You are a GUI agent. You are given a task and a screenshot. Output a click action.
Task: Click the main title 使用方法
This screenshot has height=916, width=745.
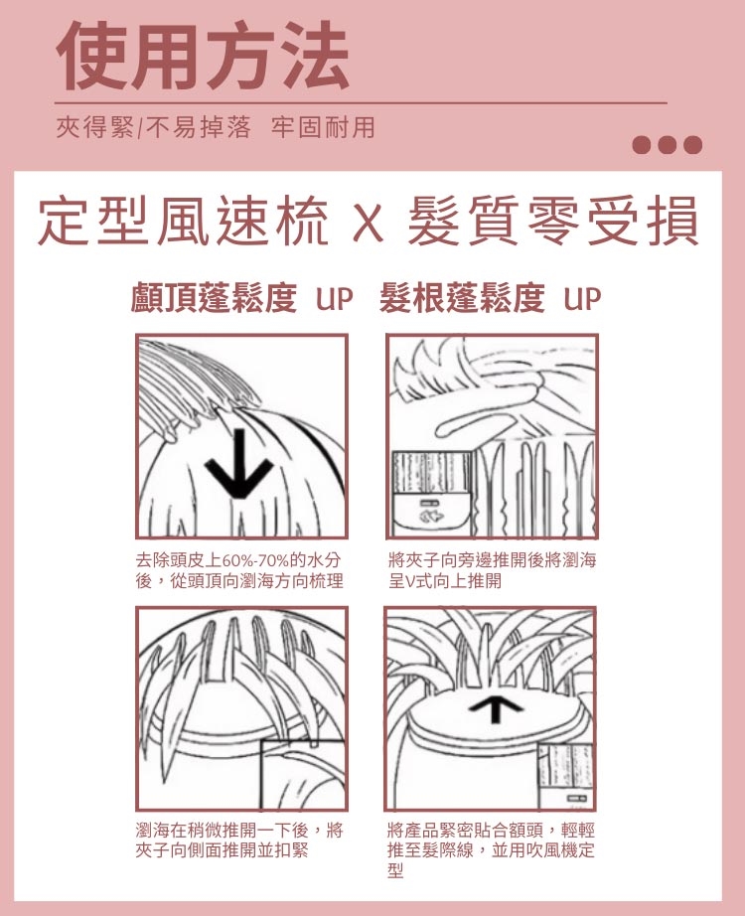(x=203, y=55)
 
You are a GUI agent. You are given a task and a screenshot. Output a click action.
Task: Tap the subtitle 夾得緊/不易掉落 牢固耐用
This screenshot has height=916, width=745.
(x=216, y=127)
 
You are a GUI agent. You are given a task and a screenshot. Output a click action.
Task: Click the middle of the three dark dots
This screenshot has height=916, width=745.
(x=668, y=144)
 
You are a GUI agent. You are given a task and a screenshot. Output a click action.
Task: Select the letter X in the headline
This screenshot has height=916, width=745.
(x=369, y=222)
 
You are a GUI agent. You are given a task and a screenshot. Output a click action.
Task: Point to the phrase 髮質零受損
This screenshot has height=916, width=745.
(x=552, y=222)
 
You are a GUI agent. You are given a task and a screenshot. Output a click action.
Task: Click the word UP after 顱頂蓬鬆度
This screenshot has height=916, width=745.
(x=334, y=298)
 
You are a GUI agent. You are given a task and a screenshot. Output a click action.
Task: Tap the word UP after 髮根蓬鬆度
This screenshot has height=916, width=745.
(x=582, y=298)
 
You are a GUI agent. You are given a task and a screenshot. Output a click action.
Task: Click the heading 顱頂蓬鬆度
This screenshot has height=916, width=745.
(x=214, y=297)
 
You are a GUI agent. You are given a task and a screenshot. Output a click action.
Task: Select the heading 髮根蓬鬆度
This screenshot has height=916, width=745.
(x=462, y=297)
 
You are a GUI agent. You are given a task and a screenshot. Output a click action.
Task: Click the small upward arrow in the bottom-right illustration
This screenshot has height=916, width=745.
(x=496, y=711)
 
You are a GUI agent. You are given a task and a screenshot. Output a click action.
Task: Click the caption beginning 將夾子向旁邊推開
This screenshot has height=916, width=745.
(x=492, y=570)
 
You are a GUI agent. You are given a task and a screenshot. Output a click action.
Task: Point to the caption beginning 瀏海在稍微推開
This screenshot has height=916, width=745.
(x=239, y=840)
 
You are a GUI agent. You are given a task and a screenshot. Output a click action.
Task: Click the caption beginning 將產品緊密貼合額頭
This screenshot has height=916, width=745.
(x=491, y=850)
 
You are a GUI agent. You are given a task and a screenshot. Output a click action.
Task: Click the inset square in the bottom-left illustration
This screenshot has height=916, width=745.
(x=303, y=775)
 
